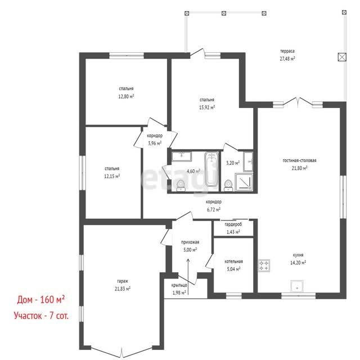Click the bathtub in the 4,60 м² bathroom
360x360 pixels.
click(x=211, y=169)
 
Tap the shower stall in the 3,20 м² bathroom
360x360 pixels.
click(x=244, y=182)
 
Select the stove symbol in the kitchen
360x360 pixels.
click(x=264, y=265)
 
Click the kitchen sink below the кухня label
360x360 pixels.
click(x=297, y=286)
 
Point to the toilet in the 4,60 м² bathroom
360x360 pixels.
click(x=181, y=186)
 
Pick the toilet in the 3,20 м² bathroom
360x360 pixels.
click(x=228, y=186)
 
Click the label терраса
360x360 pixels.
click(x=287, y=51)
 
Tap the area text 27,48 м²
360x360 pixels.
click(x=287, y=58)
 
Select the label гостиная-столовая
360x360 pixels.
click(x=299, y=160)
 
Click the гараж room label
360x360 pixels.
click(x=123, y=281)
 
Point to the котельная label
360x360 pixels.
click(x=233, y=262)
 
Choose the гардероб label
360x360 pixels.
click(x=233, y=224)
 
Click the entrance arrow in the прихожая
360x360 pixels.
click(x=188, y=276)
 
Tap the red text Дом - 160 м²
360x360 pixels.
click(x=41, y=300)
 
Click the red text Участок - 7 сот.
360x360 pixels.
click(x=41, y=316)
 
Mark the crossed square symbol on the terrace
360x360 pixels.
click(x=342, y=57)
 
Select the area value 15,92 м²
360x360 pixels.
click(x=207, y=107)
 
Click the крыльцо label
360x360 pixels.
click(x=179, y=285)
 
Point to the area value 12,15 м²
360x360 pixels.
click(x=112, y=176)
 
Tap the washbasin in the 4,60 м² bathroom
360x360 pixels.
click(x=182, y=156)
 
